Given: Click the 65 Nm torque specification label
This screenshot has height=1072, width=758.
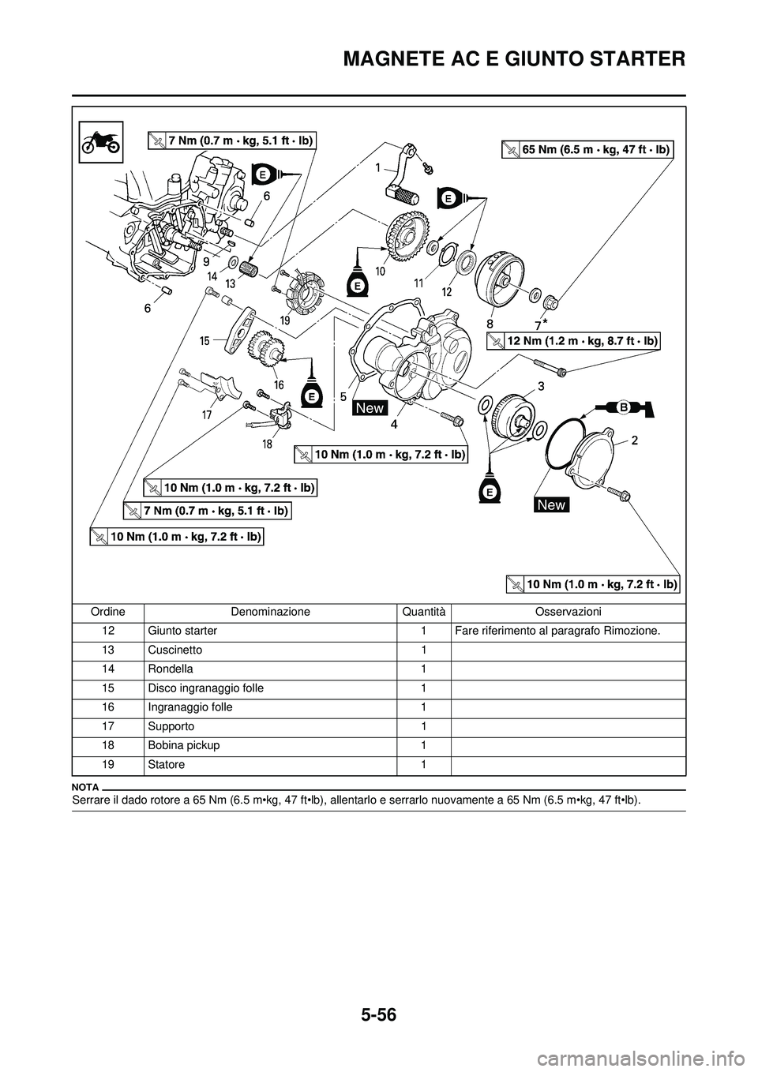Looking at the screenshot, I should coord(587,148).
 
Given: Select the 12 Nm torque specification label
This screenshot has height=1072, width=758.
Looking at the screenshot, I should coord(572,340).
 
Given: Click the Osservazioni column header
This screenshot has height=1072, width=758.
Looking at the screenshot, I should coord(568,612).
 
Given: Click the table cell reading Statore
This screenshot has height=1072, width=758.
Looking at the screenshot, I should coord(166,764).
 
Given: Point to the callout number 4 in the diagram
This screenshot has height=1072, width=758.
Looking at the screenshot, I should coord(392,424).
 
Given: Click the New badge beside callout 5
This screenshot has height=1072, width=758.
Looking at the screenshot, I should coord(370,407).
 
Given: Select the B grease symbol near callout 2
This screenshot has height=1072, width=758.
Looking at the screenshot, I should coord(623,407).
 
